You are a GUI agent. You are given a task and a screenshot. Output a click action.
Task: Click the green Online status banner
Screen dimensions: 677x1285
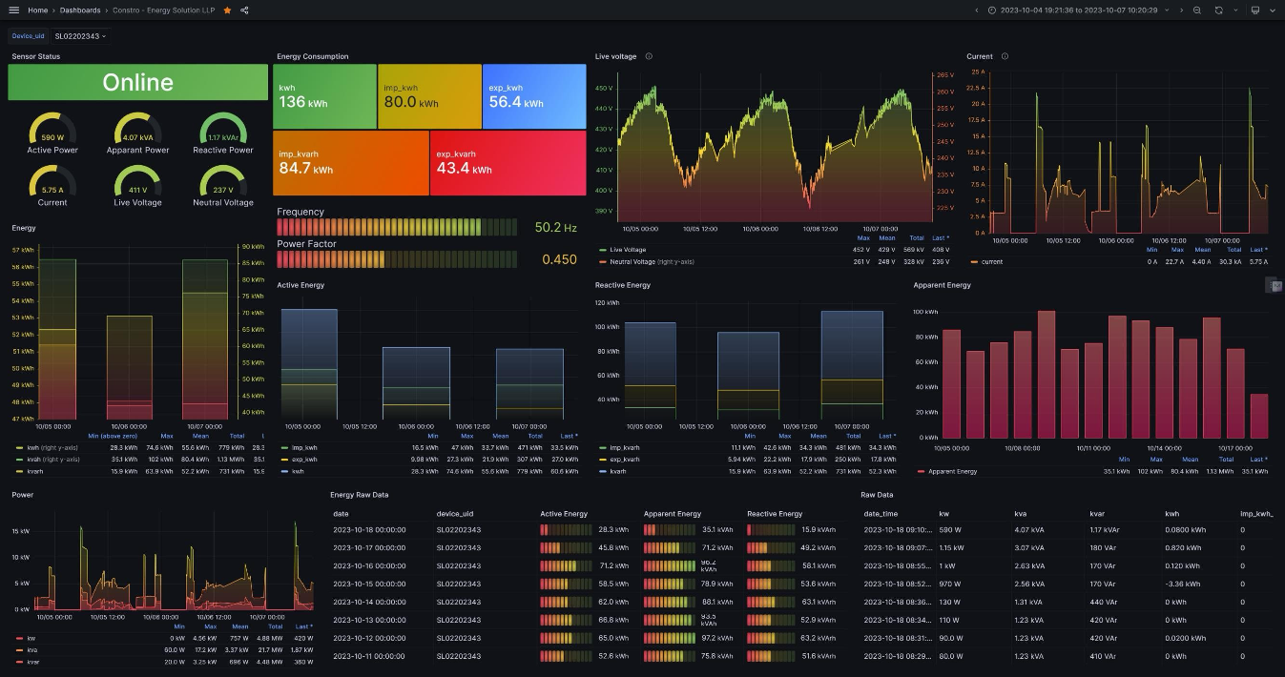coord(137,82)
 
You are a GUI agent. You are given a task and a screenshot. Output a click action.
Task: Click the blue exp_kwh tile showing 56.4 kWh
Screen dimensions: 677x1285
coord(533,96)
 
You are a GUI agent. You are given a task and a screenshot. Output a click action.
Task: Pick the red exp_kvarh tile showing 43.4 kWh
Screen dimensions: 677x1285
coord(508,163)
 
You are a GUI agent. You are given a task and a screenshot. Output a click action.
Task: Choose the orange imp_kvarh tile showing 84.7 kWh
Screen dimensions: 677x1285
coord(350,163)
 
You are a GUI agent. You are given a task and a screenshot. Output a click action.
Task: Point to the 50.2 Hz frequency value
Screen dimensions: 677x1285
coord(555,228)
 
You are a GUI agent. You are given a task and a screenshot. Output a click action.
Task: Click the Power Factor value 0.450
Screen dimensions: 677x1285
coord(559,259)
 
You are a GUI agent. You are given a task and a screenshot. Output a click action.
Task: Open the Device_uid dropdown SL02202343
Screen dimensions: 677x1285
coord(80,36)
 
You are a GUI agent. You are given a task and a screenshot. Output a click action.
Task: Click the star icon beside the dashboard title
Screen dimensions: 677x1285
coord(227,10)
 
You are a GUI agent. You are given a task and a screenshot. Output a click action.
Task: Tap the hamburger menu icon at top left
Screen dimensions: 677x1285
coord(13,10)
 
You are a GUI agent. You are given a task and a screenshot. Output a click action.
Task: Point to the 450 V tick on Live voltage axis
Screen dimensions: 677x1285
coord(603,88)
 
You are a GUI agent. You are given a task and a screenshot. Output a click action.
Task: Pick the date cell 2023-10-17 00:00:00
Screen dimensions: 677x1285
coord(369,547)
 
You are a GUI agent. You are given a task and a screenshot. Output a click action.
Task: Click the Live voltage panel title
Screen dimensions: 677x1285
coord(615,56)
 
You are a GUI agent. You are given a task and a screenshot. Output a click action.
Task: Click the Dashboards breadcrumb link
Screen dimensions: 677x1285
coord(80,10)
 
